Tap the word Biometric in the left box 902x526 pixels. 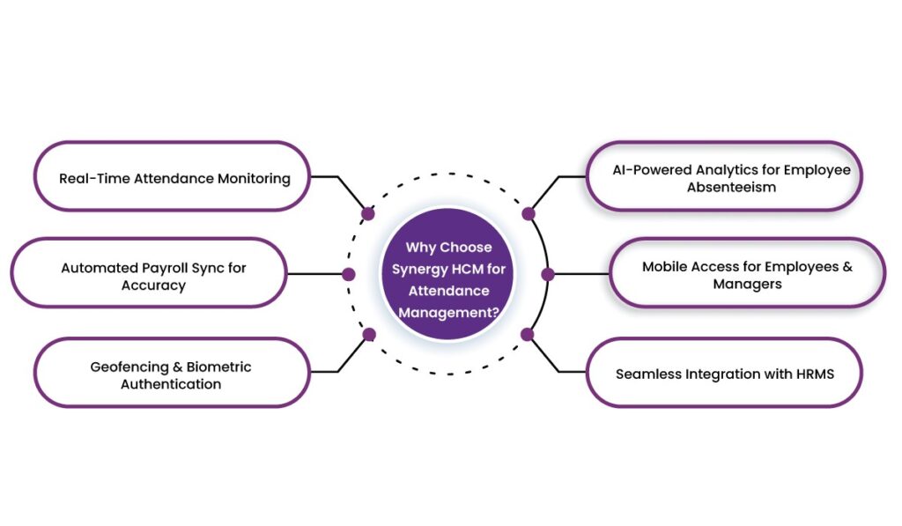coord(219,367)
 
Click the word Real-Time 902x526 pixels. coord(92,178)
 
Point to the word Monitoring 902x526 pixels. coord(254,178)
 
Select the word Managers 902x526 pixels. coord(748,284)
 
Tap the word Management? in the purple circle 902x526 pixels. coord(447,311)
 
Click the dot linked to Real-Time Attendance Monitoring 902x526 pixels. coord(368,213)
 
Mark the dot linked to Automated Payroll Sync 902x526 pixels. coord(349,274)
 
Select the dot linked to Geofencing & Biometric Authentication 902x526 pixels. coord(369,334)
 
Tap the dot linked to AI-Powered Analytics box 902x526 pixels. coord(529,213)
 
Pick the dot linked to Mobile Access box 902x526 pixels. coord(548,274)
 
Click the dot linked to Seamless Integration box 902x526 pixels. coord(528,334)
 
